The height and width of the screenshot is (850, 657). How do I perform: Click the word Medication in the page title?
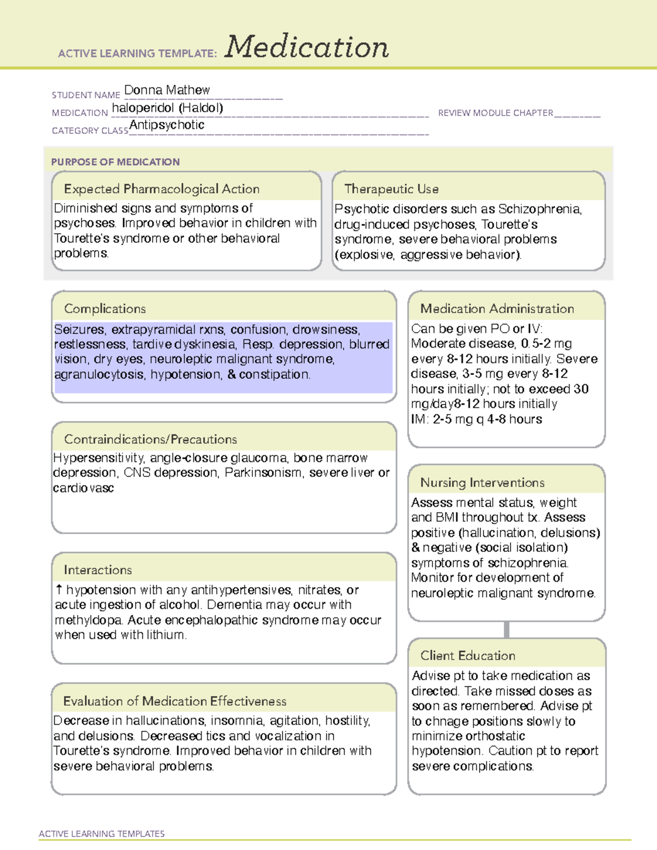point(307,47)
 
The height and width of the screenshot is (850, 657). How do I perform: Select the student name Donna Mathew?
point(167,90)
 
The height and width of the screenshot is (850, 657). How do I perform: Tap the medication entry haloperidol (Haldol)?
point(168,108)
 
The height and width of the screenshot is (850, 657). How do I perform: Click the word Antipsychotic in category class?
point(167,125)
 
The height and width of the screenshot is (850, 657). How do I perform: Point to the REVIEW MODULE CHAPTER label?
point(495,113)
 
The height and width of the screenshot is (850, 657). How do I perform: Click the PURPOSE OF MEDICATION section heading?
point(116,162)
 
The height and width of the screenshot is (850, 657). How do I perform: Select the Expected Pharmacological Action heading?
point(162,189)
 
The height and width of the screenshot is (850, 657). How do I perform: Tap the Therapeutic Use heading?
point(391,189)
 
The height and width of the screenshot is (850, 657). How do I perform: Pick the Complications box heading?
point(105,309)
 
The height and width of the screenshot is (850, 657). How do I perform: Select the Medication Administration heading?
point(497,309)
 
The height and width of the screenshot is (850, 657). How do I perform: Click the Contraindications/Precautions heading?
point(151,440)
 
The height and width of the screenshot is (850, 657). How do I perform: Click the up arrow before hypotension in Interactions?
point(59,589)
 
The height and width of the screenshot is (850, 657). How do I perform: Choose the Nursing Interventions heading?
point(482,483)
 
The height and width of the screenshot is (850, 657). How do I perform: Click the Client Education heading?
point(468,656)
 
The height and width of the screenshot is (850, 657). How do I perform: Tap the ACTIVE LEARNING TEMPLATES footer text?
point(102,834)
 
